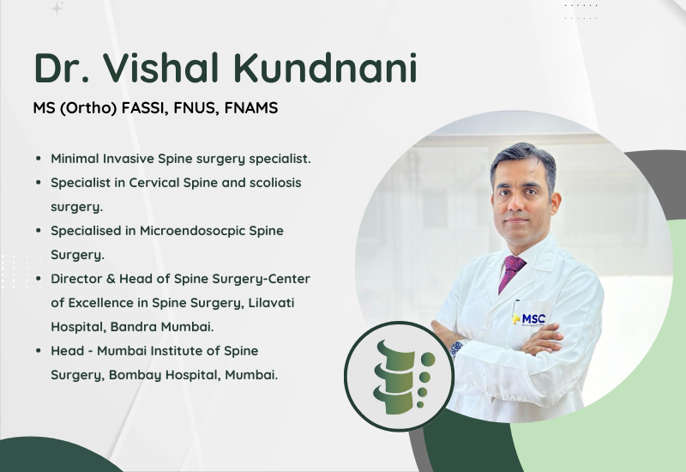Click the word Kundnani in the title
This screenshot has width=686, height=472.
(x=325, y=68)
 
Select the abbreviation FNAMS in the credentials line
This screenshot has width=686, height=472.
(x=251, y=108)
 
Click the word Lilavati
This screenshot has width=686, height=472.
(x=271, y=303)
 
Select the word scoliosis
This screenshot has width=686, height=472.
(x=275, y=183)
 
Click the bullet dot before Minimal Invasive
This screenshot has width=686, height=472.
(x=39, y=159)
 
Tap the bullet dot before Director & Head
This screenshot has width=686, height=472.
(x=39, y=278)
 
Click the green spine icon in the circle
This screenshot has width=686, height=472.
(x=402, y=377)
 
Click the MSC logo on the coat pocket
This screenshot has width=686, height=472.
(x=528, y=318)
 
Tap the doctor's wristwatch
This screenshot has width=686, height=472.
(x=458, y=348)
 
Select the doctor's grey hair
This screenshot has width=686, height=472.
(x=523, y=160)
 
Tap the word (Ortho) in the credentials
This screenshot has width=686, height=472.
(x=88, y=108)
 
